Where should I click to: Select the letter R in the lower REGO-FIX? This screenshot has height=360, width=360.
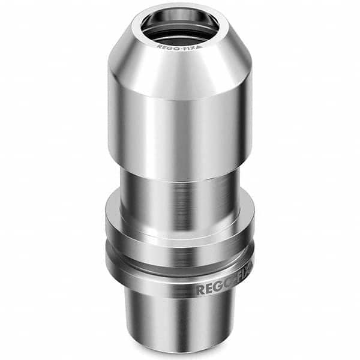200,290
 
